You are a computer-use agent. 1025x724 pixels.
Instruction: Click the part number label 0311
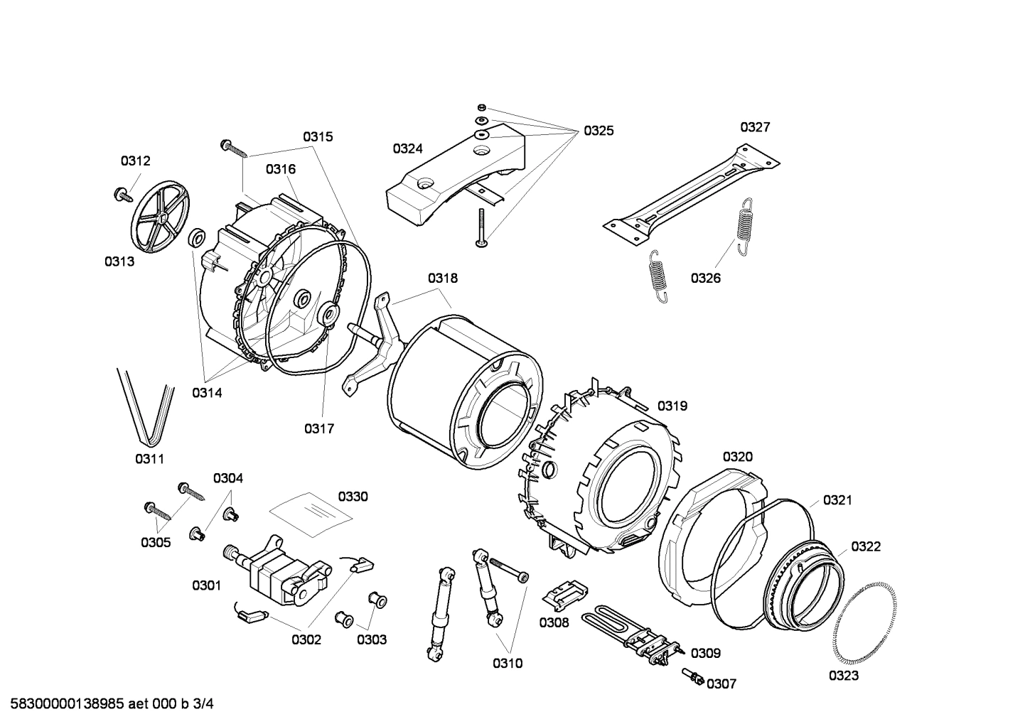pos(149,459)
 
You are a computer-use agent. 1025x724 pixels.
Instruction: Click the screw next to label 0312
pos(123,193)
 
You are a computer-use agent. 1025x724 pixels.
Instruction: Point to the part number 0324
pos(407,148)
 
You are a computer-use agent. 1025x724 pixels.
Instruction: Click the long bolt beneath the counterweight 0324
pos(481,228)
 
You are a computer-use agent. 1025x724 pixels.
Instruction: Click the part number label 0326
pos(705,278)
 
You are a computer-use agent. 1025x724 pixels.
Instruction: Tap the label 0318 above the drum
pos(442,279)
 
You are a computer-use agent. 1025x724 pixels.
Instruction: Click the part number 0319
pos(672,406)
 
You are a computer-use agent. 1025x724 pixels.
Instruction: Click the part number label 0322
pos(866,546)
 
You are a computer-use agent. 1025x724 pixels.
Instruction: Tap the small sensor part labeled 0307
pos(694,678)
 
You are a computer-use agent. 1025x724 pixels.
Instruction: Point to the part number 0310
pos(508,663)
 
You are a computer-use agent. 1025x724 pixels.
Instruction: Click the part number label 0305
pos(156,543)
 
